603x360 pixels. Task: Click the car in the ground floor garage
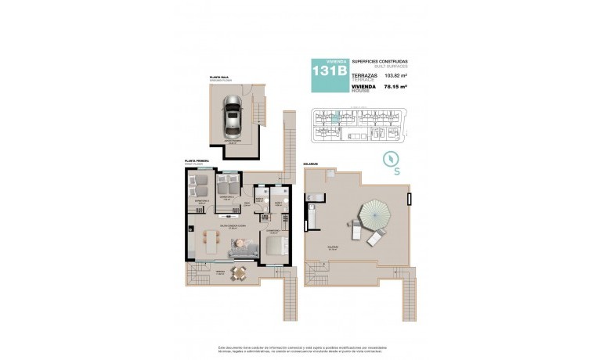tap(232, 116)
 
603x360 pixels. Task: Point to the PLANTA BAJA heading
tap(218, 77)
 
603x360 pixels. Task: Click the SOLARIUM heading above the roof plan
tap(310, 164)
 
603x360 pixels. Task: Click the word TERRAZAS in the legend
tap(365, 74)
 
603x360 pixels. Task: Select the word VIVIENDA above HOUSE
tap(364, 86)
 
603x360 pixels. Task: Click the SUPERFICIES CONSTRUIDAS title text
tap(379, 61)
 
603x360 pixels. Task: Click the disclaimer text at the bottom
tap(301, 348)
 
